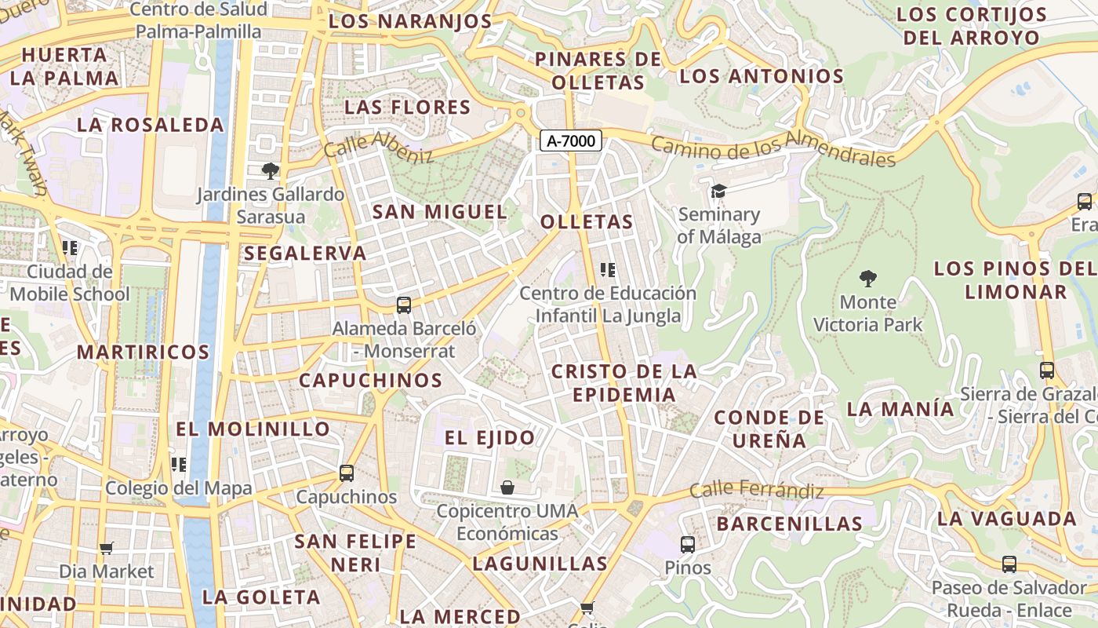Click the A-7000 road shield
tap(571, 141)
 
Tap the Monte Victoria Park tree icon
tap(867, 278)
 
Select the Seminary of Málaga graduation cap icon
tap(718, 191)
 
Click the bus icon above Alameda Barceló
tap(404, 305)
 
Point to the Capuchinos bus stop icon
tap(347, 473)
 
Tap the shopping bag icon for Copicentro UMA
tap(507, 487)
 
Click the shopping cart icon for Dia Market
tap(107, 548)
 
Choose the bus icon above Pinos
tap(688, 544)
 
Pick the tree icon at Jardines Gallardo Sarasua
tap(271, 170)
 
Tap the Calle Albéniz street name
tap(378, 146)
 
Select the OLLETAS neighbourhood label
tap(587, 222)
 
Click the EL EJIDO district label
tap(490, 438)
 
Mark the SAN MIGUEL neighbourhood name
tap(440, 212)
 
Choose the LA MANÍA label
tap(900, 409)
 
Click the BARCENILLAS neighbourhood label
tap(789, 524)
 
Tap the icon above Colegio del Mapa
tap(179, 465)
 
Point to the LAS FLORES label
tap(407, 108)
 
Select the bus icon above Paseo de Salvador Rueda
tap(1009, 564)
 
